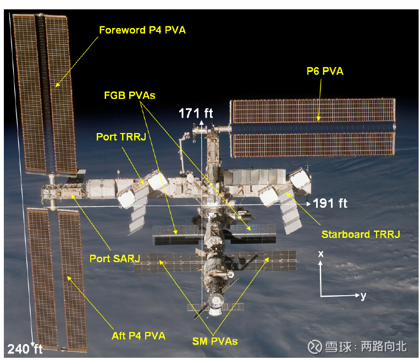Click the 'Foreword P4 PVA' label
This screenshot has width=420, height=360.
click(142, 30)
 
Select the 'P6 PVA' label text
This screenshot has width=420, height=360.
click(325, 71)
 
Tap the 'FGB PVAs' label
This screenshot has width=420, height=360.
click(130, 95)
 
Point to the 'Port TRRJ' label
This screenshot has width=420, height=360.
click(121, 137)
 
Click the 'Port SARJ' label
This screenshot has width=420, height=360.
click(115, 258)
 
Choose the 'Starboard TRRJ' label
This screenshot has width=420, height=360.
click(361, 234)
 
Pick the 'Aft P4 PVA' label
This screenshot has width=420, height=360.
click(138, 336)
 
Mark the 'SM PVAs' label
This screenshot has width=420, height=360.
click(215, 341)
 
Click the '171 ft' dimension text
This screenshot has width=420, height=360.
click(196, 113)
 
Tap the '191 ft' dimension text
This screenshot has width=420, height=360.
click(330, 203)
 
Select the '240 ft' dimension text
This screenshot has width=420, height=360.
click(25, 349)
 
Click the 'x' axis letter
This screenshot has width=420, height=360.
click(320, 254)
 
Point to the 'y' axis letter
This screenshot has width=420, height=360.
click(363, 296)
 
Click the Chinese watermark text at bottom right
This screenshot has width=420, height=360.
click(366, 346)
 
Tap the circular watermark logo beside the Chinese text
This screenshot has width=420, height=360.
click(315, 347)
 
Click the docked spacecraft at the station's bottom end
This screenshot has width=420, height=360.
click(215, 304)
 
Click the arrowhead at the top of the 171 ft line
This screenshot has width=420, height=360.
click(201, 123)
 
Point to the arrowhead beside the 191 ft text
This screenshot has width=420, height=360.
click(308, 204)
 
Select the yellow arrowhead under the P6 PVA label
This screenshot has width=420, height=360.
click(318, 118)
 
